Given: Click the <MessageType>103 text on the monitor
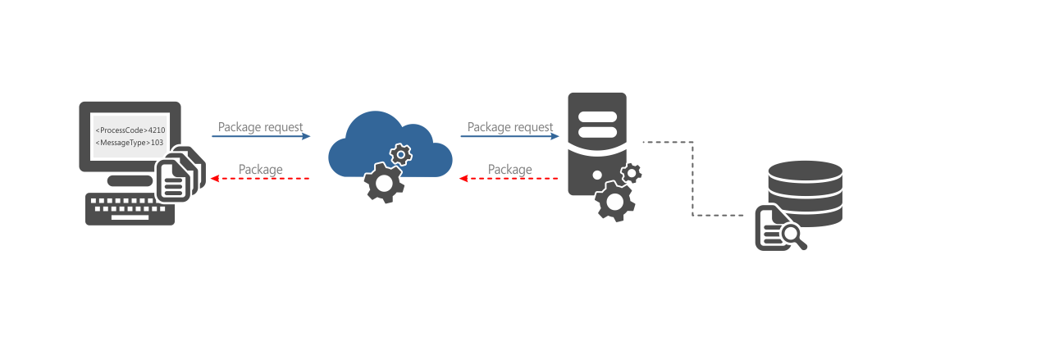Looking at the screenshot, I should pos(130,143).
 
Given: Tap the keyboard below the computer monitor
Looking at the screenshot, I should pos(130,210).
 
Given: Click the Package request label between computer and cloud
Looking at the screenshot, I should pos(260,127).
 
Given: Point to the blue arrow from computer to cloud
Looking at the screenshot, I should pos(261,136).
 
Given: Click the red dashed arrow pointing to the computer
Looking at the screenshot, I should pos(260,178).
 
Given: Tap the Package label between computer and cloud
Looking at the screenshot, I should pos(260,169).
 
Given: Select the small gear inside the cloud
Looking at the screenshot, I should pos(400,154).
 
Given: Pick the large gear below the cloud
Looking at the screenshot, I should pos(383,183).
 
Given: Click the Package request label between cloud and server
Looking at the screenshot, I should pos(509,127).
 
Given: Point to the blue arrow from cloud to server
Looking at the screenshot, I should pos(509,136).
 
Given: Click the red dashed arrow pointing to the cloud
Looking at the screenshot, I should pos(509,178).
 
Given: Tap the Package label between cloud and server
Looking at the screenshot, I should pos(509,169).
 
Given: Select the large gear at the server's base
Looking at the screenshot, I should pos(614,201).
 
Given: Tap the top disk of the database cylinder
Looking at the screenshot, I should pos(805,171).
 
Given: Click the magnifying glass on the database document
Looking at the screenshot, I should pos(792,235).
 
